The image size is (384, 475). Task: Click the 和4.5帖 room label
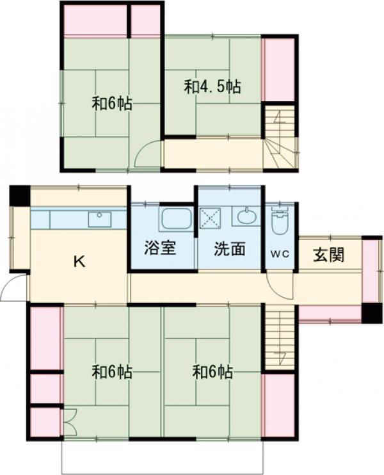[212, 87]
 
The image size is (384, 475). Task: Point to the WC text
[280, 254]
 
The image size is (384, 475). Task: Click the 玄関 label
[328, 255]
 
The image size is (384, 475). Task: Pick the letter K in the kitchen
[79, 261]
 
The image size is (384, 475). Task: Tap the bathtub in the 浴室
[176, 220]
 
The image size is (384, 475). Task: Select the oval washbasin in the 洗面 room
[246, 216]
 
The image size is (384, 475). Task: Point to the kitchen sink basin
[99, 219]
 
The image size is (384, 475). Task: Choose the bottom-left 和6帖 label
[112, 372]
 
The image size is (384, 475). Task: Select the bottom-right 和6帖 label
[212, 372]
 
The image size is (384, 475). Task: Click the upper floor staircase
[280, 138]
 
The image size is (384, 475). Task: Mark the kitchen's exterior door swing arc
[13, 289]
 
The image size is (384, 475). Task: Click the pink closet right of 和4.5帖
[280, 68]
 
